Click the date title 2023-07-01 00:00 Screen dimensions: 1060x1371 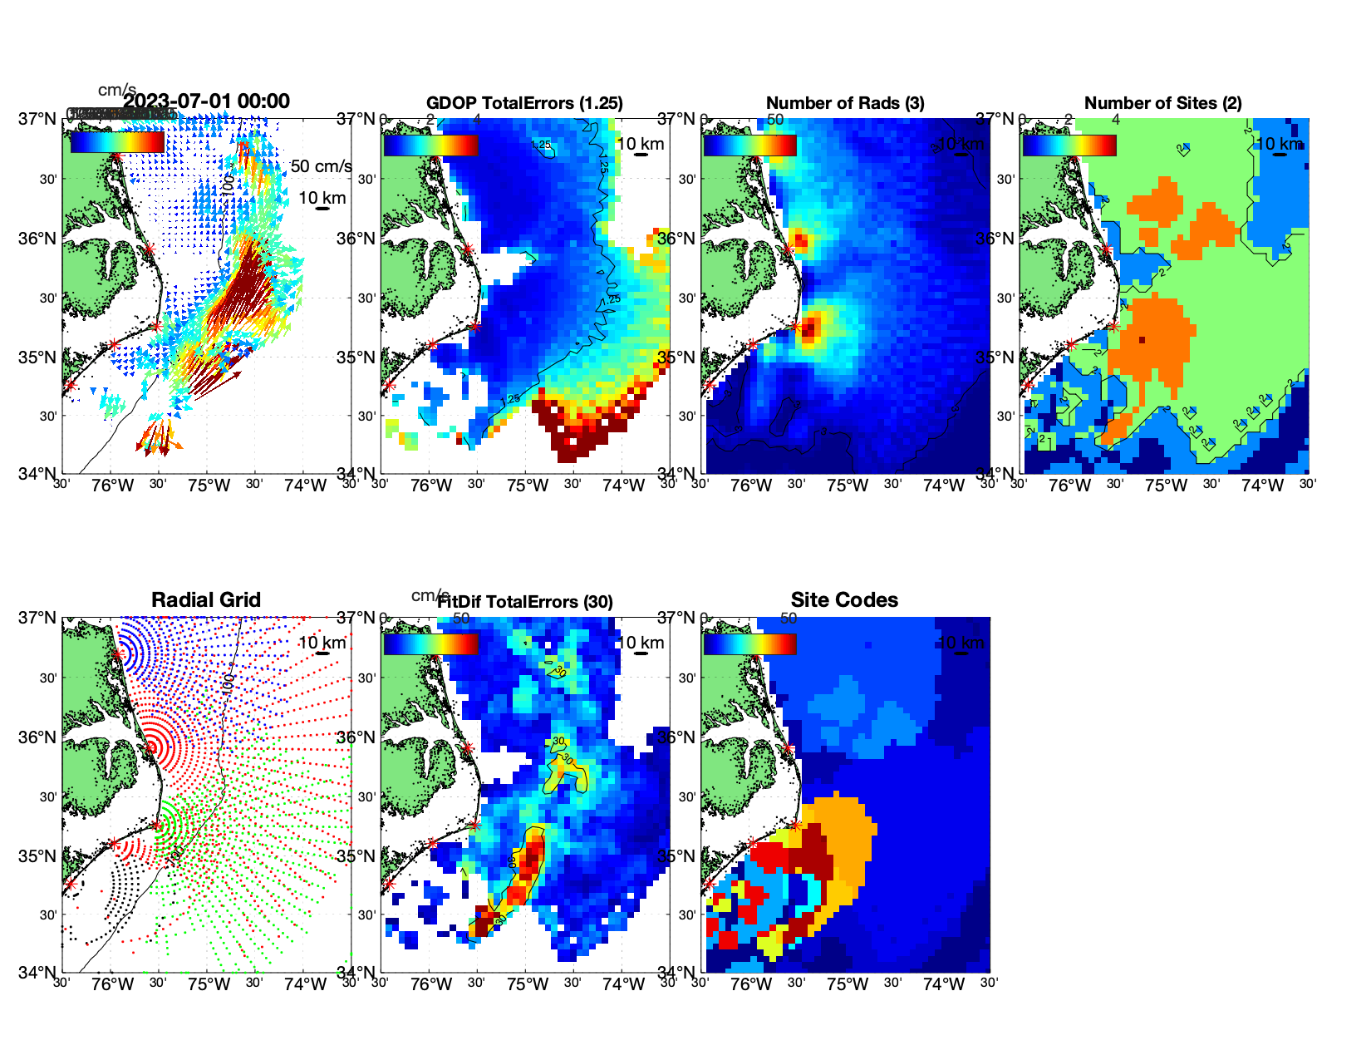coord(207,101)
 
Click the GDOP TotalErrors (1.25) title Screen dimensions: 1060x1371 coord(524,103)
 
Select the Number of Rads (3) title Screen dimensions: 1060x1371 coord(845,103)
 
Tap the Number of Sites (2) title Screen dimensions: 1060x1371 coord(1163,103)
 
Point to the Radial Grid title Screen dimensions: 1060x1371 coord(206,600)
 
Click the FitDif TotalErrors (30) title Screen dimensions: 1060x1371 coord(525,602)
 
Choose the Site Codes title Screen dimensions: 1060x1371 coord(844,600)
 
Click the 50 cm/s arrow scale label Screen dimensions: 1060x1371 coord(321,166)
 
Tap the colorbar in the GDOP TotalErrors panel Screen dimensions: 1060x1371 coord(430,145)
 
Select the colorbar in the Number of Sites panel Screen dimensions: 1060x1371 coord(1069,145)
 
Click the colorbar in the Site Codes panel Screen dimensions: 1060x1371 coord(749,643)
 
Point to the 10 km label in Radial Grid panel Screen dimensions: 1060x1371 coord(322,643)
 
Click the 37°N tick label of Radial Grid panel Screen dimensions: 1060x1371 coord(38,618)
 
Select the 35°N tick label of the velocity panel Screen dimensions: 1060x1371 coord(38,357)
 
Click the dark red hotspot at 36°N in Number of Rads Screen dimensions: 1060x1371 coord(799,242)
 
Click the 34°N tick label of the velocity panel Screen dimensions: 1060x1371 coord(38,474)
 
